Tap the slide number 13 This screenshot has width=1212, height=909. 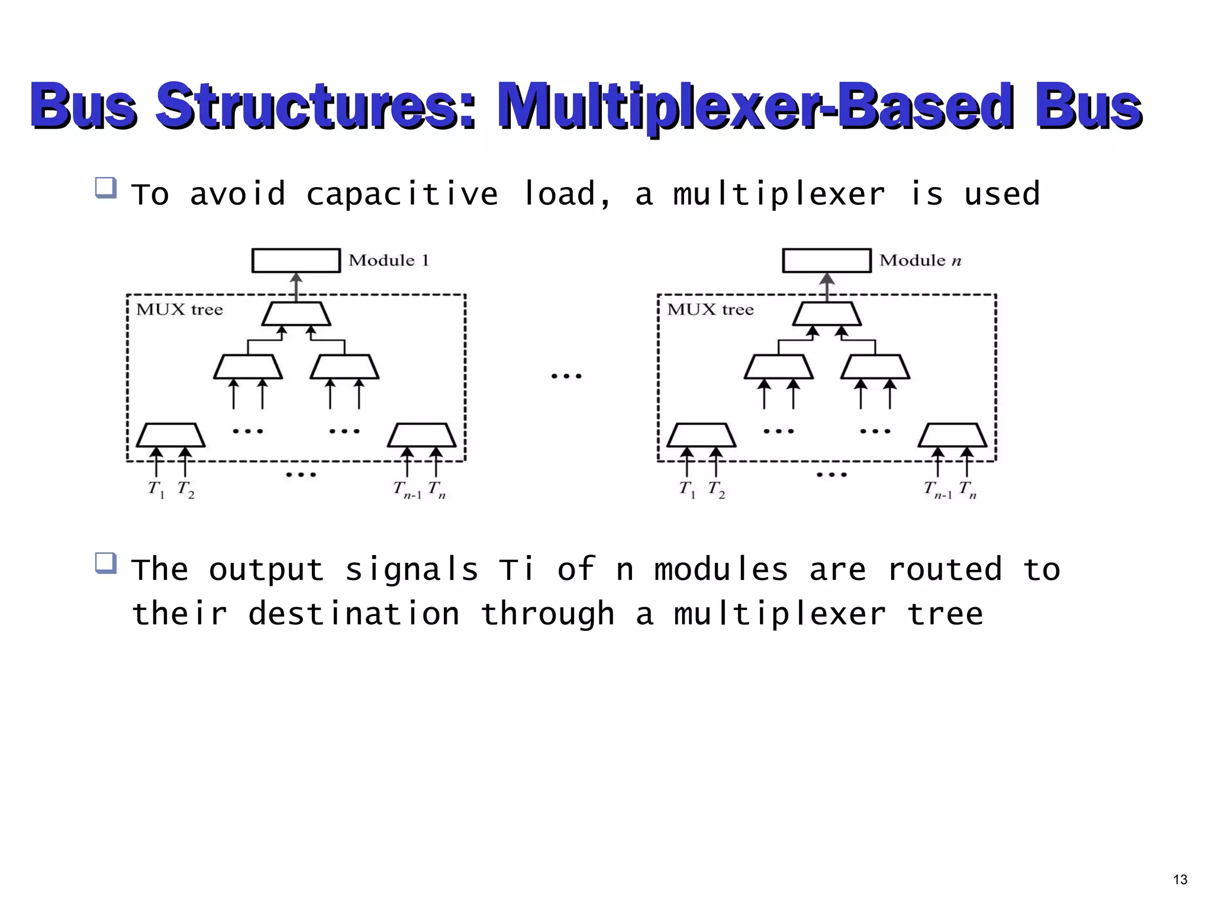1180,879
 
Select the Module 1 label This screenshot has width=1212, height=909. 388,260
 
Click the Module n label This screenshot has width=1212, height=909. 920,260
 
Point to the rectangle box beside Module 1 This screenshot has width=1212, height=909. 296,260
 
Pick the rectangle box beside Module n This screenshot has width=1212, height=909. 827,260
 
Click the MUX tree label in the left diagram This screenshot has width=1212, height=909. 179,310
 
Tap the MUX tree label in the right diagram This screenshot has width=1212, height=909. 710,310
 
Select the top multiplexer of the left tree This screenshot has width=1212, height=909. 296,314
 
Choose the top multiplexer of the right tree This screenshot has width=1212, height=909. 827,314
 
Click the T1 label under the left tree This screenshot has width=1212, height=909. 156,490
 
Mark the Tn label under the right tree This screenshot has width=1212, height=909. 968,490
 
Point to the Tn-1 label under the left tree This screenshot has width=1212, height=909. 407,490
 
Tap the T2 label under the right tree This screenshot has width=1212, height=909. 716,490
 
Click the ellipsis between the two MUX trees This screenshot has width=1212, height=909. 566,376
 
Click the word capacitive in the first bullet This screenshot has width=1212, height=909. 402,194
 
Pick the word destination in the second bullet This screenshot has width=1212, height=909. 354,614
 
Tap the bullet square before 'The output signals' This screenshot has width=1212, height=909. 105,563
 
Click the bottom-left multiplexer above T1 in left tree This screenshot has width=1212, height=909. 170,435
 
